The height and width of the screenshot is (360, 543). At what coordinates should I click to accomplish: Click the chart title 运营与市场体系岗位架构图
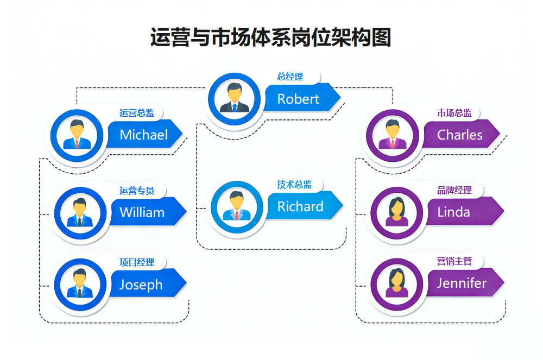[270, 37]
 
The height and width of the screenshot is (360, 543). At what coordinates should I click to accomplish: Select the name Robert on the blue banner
[298, 99]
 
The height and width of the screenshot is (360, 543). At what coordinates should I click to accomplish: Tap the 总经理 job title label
[290, 77]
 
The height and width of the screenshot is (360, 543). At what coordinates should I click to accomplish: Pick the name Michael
[143, 135]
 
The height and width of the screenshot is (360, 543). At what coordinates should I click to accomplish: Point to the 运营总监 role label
[137, 113]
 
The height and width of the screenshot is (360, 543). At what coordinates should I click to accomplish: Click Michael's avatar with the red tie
[77, 135]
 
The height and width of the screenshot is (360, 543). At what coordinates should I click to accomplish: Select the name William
[142, 212]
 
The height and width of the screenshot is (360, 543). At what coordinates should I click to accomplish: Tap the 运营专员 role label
[137, 191]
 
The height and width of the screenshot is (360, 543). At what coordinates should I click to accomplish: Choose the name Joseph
[141, 285]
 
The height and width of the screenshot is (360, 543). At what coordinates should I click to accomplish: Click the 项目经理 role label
[137, 262]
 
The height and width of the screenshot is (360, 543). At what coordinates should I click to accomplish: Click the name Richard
[300, 207]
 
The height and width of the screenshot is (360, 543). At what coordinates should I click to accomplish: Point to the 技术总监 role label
[294, 185]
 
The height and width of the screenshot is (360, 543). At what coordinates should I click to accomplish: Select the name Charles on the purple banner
[460, 135]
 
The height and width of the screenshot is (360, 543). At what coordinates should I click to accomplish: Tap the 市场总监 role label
[454, 113]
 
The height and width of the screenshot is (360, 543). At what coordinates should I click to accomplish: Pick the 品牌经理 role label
[454, 191]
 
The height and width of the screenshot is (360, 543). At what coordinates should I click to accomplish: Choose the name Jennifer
[462, 283]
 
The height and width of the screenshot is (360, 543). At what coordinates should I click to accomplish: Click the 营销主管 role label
[454, 262]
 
